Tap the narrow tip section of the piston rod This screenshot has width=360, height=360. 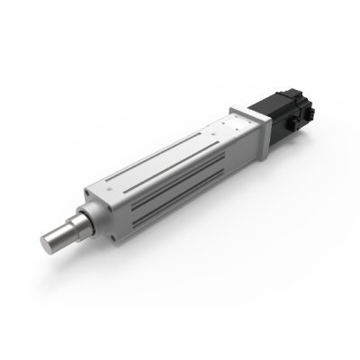(60, 236)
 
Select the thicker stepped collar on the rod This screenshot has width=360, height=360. (78, 225)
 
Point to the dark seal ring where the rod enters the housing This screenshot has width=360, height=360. (87, 219)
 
